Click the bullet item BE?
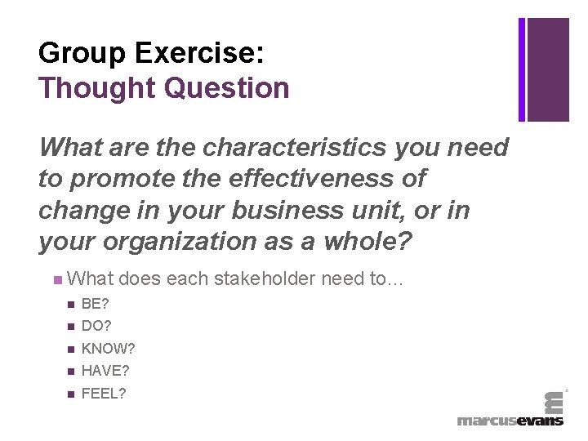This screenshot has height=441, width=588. [x=96, y=305]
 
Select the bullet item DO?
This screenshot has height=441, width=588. [x=96, y=327]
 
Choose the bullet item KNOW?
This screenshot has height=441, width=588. [x=109, y=349]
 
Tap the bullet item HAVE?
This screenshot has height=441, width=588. [x=105, y=371]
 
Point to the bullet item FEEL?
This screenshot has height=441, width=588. [x=104, y=394]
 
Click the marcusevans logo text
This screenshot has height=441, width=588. [x=510, y=420]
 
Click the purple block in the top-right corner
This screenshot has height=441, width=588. [x=547, y=69]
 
